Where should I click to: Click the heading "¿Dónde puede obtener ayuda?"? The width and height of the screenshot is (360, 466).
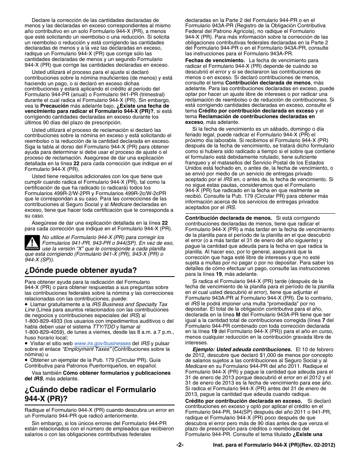(80, 271)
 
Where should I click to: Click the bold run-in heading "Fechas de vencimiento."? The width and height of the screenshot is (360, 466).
(215, 61)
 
